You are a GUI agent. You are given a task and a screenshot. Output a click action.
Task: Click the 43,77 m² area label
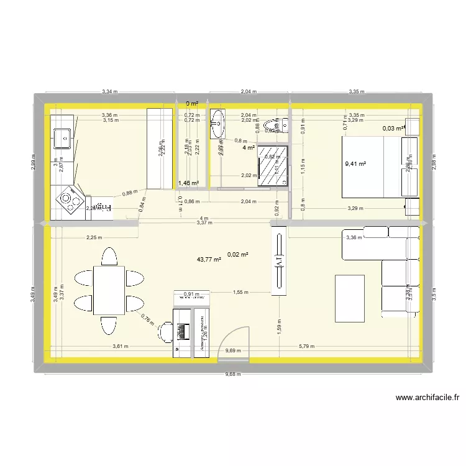pos(209,260)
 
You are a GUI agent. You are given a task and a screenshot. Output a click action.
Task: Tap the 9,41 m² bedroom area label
pos(355,165)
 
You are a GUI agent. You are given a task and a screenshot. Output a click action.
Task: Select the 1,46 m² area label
pos(188,183)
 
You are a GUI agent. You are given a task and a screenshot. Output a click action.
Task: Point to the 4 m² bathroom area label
pos(249,148)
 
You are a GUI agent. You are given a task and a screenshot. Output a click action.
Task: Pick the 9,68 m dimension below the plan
pos(233,374)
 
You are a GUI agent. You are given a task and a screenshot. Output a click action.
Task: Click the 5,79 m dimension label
pos(306,347)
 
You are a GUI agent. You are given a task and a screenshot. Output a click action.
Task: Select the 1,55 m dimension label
pos(241,292)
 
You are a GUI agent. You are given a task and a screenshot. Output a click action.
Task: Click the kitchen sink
pos(62,139)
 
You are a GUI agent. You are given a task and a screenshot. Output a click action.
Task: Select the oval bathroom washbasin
pos(217,124)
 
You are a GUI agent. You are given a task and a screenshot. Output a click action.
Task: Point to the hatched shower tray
pos(273,165)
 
